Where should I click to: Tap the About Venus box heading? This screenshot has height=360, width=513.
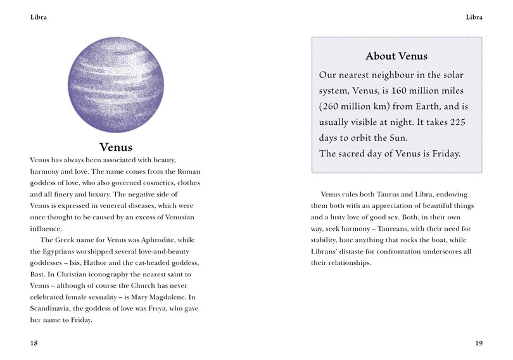[x=396, y=56]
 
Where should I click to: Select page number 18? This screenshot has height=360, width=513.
[x=34, y=343]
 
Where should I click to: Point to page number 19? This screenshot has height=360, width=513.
[x=478, y=343]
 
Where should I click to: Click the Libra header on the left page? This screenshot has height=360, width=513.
[x=39, y=17]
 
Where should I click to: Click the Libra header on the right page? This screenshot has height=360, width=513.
[x=474, y=17]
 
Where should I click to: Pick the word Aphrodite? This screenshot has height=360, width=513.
[x=156, y=240]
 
